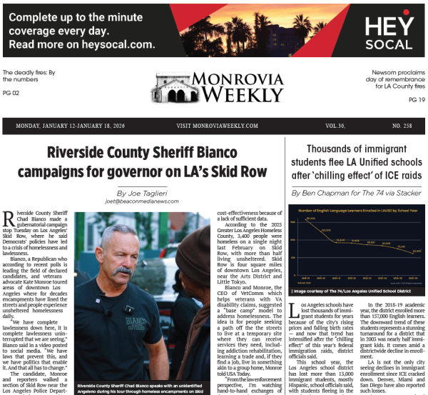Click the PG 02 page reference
point(11,94)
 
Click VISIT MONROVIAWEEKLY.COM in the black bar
point(217,126)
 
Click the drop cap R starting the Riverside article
point(9,219)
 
